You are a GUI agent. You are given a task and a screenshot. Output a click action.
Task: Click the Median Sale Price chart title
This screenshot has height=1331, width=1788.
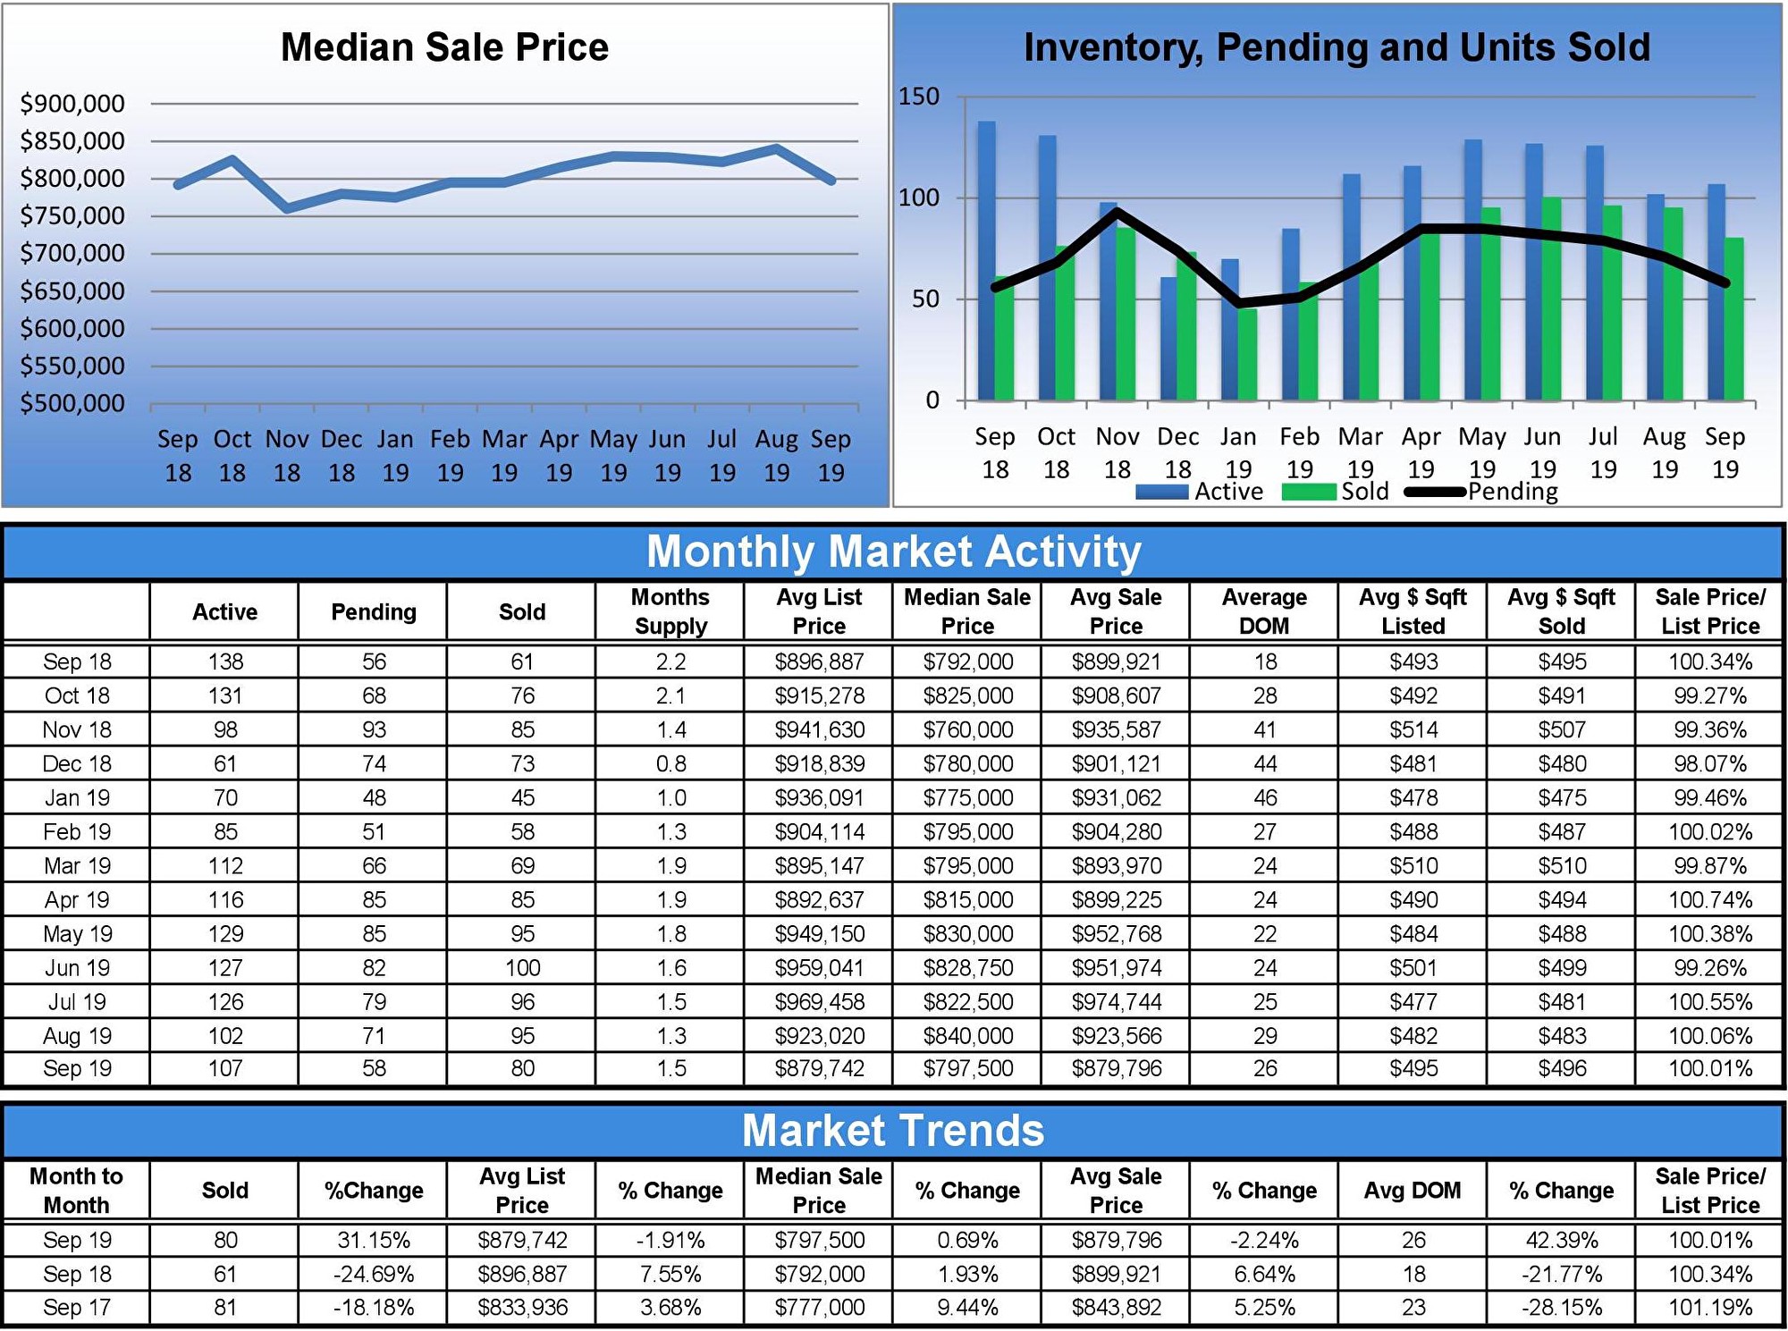(444, 47)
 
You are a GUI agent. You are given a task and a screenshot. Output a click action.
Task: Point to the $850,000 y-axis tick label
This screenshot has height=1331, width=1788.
(72, 141)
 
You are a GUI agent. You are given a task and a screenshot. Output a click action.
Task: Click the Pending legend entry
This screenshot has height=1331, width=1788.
(1511, 492)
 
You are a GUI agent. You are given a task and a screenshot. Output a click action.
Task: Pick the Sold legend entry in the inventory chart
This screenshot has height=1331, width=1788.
(1363, 492)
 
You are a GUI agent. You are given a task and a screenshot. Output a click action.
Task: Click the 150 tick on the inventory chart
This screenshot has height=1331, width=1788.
(919, 97)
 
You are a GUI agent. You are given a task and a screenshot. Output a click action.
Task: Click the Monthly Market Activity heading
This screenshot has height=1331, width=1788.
(893, 552)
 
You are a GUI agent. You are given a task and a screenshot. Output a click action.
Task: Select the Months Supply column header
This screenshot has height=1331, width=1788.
(670, 611)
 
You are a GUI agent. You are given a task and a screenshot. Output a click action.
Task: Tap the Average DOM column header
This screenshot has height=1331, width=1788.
(1264, 611)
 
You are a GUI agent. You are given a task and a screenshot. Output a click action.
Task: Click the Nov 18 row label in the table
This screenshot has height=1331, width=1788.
(77, 730)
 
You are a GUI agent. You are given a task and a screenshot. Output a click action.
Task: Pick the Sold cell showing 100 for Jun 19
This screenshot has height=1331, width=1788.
(522, 968)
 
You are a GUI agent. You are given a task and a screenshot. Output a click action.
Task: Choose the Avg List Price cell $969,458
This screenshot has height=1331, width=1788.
(819, 1002)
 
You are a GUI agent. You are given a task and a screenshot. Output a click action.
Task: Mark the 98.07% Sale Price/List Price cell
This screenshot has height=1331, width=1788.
(1709, 764)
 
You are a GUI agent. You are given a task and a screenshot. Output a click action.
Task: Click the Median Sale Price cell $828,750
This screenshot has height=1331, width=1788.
(967, 968)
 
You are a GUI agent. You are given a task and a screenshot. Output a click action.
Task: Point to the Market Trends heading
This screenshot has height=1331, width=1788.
(893, 1131)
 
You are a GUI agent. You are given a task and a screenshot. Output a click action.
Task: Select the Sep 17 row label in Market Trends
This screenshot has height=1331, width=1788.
(77, 1308)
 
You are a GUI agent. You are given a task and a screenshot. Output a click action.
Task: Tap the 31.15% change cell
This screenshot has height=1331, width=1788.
(374, 1241)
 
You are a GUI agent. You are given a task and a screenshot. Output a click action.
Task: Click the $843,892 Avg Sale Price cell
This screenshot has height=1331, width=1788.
(1116, 1308)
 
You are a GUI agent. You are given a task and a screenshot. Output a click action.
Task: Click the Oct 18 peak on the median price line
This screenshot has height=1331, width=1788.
(232, 160)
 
